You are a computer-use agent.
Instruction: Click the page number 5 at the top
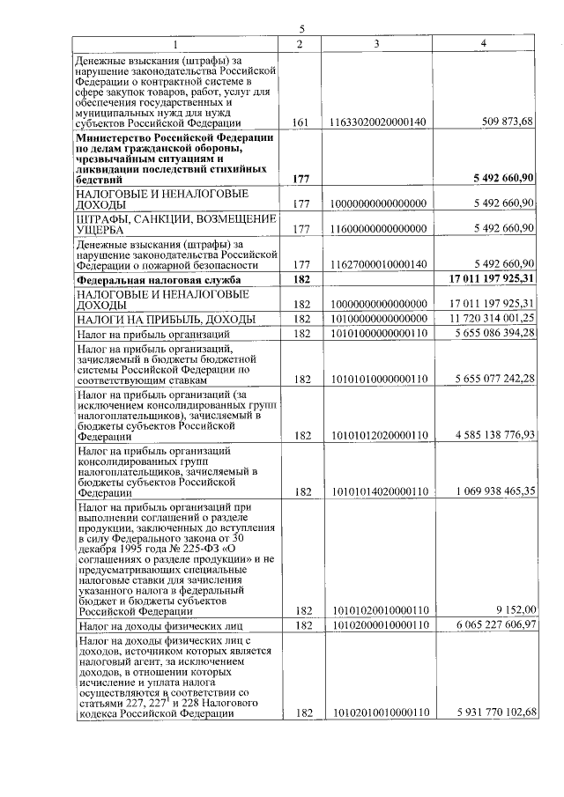coord(302,29)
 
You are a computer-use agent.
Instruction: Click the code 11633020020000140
coord(377,122)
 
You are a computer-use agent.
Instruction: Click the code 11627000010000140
coord(377,263)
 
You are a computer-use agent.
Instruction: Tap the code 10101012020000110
coord(377,434)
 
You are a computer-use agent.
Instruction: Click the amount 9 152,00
coord(516,609)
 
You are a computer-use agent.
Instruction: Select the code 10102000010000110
coord(377,625)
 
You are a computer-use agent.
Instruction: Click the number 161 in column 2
coord(300,122)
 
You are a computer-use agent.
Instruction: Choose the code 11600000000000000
coord(377,228)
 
